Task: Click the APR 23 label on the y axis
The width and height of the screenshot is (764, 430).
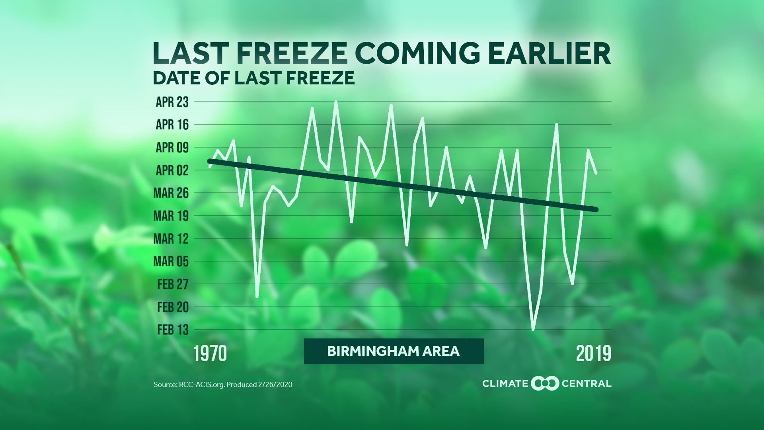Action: pyautogui.click(x=172, y=102)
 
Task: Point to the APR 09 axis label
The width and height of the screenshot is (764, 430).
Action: pyautogui.click(x=172, y=148)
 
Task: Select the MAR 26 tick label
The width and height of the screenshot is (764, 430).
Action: pyautogui.click(x=171, y=193)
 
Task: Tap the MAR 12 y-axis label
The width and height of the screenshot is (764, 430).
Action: pyautogui.click(x=171, y=239)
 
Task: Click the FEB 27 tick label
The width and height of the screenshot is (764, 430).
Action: pyautogui.click(x=173, y=284)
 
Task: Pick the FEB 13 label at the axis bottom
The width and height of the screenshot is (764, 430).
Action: pyautogui.click(x=173, y=330)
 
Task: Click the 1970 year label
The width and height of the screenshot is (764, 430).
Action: pyautogui.click(x=210, y=354)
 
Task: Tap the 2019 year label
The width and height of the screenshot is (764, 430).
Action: pyautogui.click(x=593, y=354)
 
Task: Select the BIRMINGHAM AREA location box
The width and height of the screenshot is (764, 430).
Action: pyautogui.click(x=394, y=351)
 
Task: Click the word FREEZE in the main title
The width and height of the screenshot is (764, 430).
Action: pyautogui.click(x=292, y=53)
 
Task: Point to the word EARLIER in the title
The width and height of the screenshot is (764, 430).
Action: pyautogui.click(x=549, y=53)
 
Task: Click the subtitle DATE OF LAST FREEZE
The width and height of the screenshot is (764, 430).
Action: pyautogui.click(x=253, y=78)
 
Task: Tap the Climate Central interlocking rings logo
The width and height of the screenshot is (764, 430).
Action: pyautogui.click(x=545, y=383)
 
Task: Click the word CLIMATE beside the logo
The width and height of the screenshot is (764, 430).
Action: pyautogui.click(x=505, y=384)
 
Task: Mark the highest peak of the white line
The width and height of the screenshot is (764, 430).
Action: pyautogui.click(x=336, y=102)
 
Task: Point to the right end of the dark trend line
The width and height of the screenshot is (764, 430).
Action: pyautogui.click(x=596, y=209)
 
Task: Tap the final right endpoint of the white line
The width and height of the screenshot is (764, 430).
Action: pyautogui.click(x=596, y=173)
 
